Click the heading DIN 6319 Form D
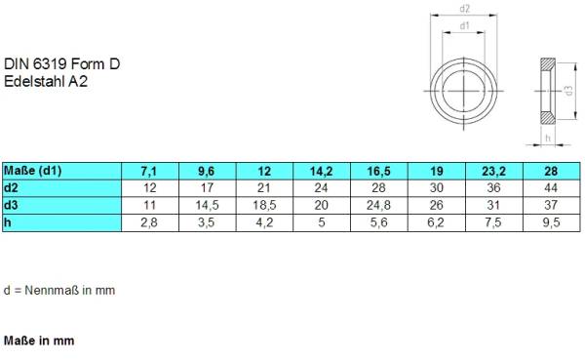point(61,64)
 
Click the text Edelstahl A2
point(47,82)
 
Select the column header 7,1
point(146,171)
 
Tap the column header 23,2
point(495,171)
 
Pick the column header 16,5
point(379,171)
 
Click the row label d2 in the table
point(11,187)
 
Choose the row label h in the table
point(8,222)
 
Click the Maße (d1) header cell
point(33,171)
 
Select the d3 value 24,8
point(379,205)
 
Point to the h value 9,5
point(552,222)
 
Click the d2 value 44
point(552,187)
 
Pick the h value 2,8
point(146,222)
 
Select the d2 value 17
point(205,187)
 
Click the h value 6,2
point(437,222)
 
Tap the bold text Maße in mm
point(39,341)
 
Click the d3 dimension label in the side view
point(569,90)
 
